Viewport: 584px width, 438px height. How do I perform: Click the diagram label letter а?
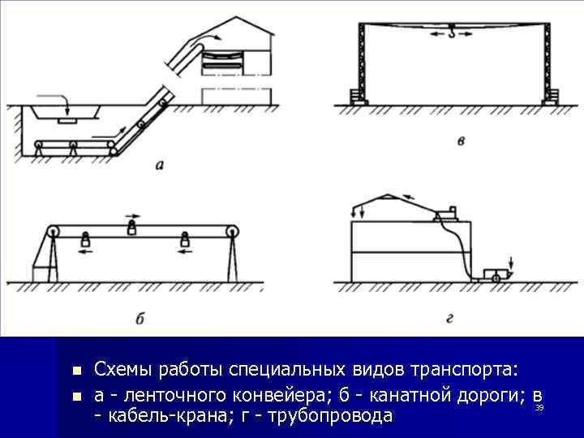click(x=159, y=165)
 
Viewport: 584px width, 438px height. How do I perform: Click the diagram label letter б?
click(x=140, y=319)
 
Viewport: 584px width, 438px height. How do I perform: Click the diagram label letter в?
click(x=461, y=142)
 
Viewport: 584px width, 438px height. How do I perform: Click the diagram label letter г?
click(x=449, y=319)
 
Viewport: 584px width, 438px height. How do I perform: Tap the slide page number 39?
click(x=539, y=408)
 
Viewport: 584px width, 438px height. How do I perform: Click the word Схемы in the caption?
click(x=121, y=370)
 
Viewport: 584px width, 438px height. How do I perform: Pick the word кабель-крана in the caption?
click(x=161, y=417)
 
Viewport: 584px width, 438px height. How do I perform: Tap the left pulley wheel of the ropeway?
click(x=53, y=232)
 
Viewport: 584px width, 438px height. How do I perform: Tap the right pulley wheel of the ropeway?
click(x=233, y=233)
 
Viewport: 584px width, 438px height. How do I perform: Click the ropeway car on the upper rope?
click(x=132, y=230)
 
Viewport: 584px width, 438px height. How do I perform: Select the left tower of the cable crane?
click(x=358, y=61)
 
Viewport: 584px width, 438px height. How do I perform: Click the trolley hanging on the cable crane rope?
click(x=452, y=33)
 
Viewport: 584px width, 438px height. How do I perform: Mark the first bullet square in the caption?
click(x=76, y=371)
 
